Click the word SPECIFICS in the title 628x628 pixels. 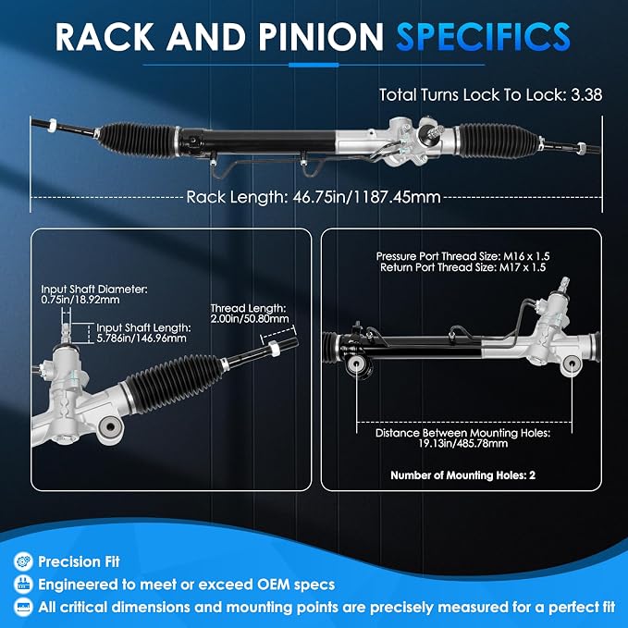coord(483,36)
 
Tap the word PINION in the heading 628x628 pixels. coord(321,36)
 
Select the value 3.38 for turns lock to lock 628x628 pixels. coord(586,95)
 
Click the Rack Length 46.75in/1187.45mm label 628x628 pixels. coord(314,197)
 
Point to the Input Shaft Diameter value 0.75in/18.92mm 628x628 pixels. coord(80,300)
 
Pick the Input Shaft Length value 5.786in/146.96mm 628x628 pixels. coord(142,338)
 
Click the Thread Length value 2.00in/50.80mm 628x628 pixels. coord(250,319)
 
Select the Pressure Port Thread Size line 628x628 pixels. coord(462,256)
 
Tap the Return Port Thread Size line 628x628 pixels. coord(462,267)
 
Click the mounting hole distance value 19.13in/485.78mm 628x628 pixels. coord(463,443)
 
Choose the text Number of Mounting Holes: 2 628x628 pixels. coord(462,475)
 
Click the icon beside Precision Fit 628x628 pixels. coord(23,561)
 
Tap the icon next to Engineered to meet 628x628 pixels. coord(23,585)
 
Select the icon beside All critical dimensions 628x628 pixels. coord(23,607)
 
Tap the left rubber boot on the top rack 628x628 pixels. coord(137,141)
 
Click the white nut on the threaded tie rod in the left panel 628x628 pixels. coord(274,349)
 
